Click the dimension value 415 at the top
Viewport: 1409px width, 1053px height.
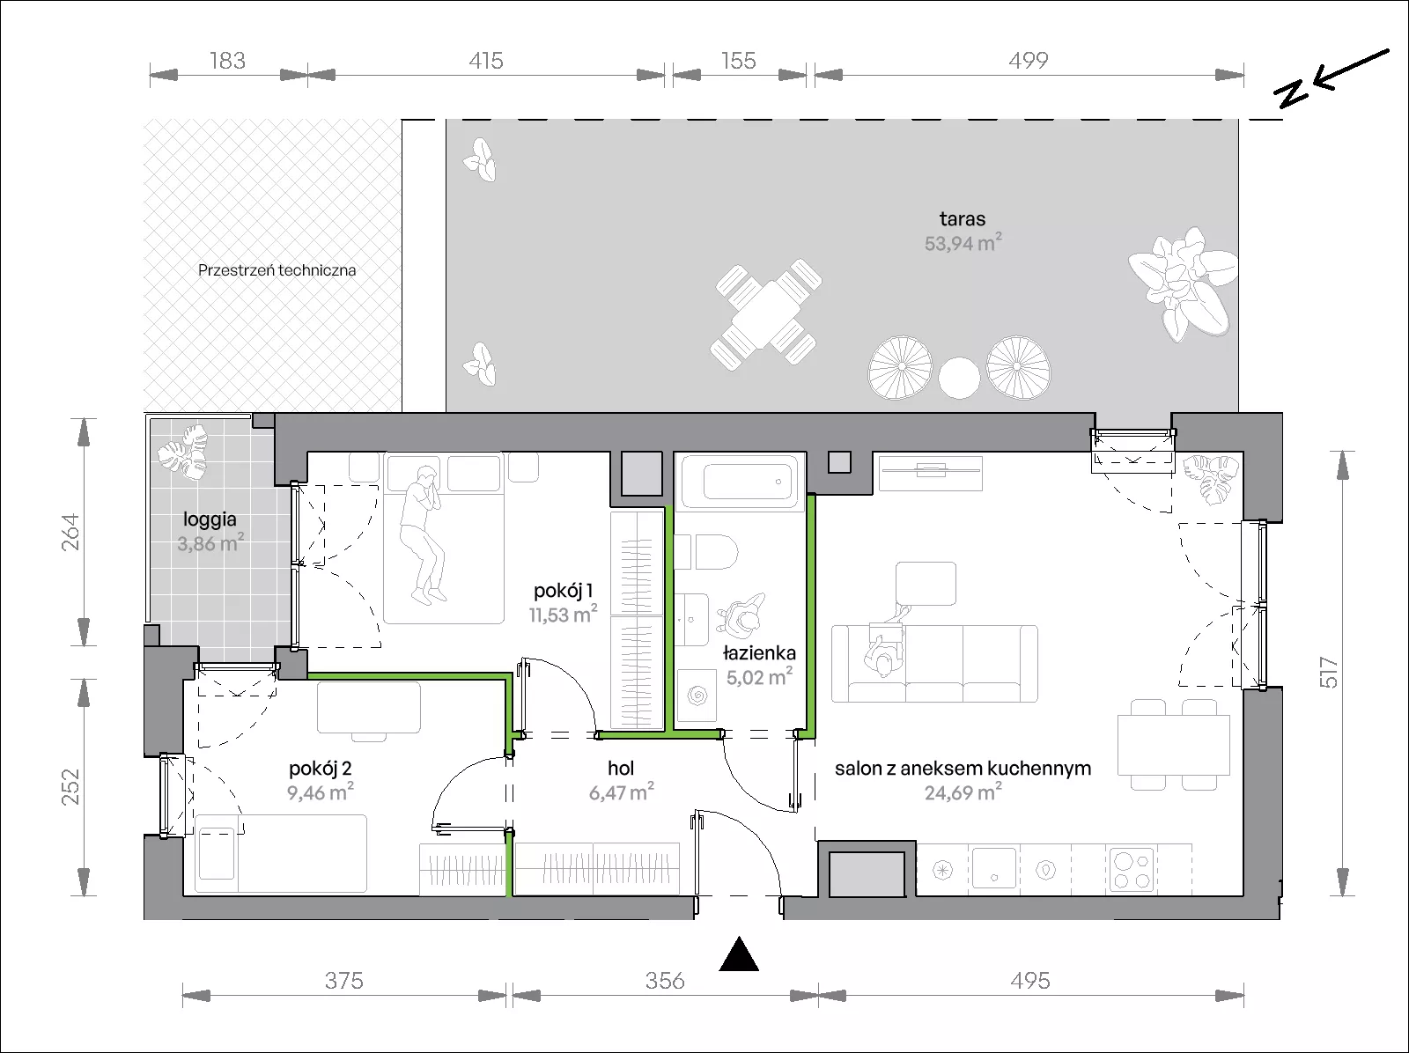[486, 61]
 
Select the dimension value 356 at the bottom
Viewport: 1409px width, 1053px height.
[665, 981]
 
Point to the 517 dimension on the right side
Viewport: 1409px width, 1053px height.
[1328, 674]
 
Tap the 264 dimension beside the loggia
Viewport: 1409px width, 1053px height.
[70, 532]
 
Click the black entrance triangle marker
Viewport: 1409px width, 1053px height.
[739, 954]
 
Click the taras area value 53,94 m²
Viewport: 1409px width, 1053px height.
[963, 242]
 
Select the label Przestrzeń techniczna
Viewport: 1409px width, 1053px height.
[277, 270]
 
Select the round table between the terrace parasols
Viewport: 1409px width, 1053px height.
[959, 378]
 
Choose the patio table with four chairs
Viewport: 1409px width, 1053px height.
[766, 314]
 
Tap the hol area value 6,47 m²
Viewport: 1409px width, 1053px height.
[622, 792]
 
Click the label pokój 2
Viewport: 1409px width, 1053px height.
[320, 768]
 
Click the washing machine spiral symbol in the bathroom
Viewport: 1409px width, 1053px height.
[697, 695]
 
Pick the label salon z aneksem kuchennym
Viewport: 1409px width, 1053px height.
[963, 768]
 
